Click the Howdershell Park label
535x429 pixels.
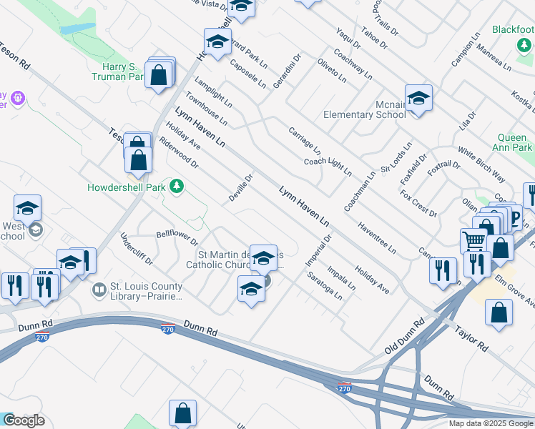pos(126,187)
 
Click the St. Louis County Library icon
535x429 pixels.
pos(99,290)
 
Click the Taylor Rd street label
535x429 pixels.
pos(471,338)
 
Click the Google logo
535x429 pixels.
pos(24,420)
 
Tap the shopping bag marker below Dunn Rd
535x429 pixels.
pos(182,413)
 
